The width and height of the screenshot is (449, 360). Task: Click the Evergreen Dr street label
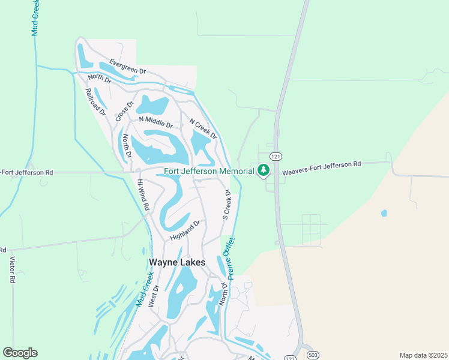pos(127,67)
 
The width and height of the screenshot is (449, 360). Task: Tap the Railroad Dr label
pos(95,101)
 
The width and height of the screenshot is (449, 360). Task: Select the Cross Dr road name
pos(124,111)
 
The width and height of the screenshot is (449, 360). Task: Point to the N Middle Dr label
pos(155,122)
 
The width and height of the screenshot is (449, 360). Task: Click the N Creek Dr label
pos(203,129)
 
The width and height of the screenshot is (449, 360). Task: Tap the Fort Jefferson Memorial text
pos(209,171)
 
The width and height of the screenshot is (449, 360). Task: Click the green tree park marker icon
pos(263,171)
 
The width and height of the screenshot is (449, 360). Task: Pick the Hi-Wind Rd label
pos(143,194)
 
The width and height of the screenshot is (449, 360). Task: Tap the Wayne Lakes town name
pos(176,262)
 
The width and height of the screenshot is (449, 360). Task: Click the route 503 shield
pos(312,355)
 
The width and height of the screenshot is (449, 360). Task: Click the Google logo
pos(20,353)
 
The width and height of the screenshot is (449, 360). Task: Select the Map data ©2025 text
pos(423,355)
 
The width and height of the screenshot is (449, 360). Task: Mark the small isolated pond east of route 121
pos(384,213)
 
